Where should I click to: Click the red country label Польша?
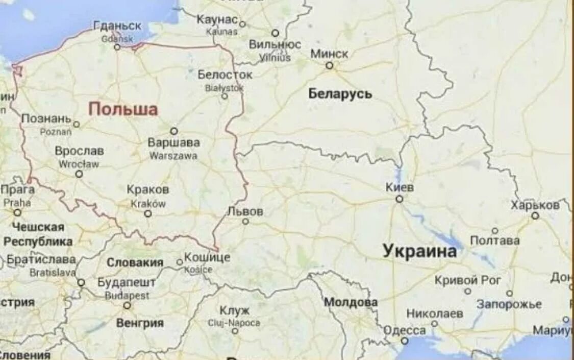pos(123,109)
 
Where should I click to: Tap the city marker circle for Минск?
pos(330,65)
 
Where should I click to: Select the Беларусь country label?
pos(340,94)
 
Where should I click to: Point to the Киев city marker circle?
pos(400,199)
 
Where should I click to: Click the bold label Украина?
pos(419,251)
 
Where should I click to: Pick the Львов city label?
pos(245,211)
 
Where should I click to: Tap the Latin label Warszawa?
pos(173,156)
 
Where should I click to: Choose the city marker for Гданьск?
pos(117,47)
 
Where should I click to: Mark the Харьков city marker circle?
pos(535,215)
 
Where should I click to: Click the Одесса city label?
pos(404,330)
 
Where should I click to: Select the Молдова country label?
pos(351,302)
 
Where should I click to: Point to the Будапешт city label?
pos(127,282)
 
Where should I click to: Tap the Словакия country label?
pos(135,262)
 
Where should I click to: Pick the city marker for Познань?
pos(77,124)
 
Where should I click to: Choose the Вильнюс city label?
pos(275,44)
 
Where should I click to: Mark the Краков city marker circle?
pos(148,213)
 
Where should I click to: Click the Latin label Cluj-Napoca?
pos(234,323)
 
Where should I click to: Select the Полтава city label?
pos(495,241)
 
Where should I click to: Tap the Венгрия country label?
pos(140,323)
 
